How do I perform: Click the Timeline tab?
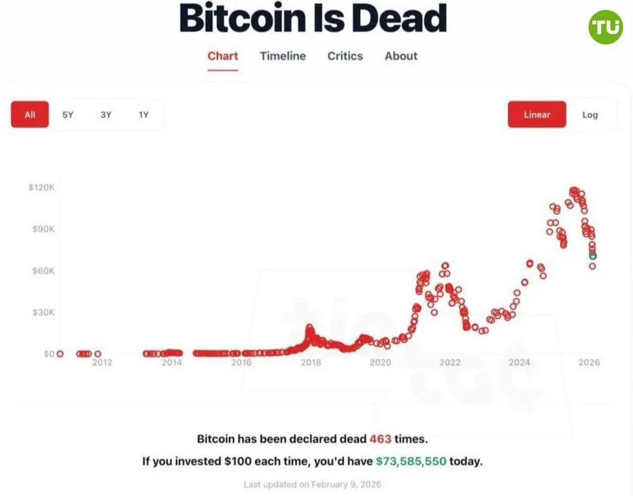click(283, 56)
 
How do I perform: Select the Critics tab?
click(345, 56)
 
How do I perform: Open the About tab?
click(401, 56)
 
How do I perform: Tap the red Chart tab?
click(223, 56)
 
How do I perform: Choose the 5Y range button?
click(68, 114)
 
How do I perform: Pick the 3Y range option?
click(105, 114)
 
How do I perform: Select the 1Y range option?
click(143, 114)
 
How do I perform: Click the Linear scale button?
click(537, 114)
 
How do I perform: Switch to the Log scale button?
click(590, 114)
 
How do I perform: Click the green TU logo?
click(606, 26)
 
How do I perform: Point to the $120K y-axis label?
click(41, 188)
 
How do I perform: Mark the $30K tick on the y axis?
click(42, 313)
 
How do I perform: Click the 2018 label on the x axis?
click(311, 363)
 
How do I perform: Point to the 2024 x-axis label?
click(520, 363)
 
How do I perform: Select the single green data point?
click(593, 256)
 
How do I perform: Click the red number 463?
click(380, 439)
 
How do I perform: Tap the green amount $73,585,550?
click(411, 462)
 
